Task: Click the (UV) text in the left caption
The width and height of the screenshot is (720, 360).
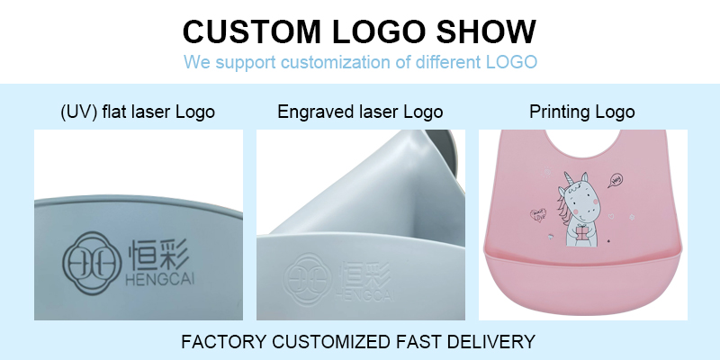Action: (x=76, y=112)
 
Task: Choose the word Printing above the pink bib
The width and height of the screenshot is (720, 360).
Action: (x=557, y=112)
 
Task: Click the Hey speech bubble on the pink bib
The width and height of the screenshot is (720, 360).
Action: (x=616, y=179)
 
